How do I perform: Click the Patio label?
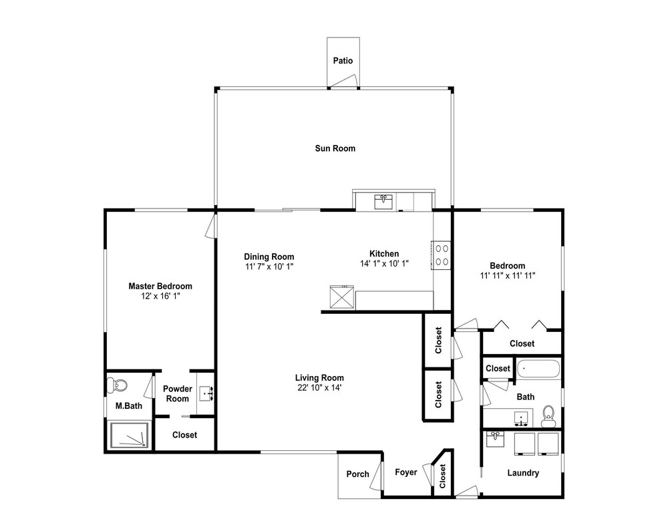[343, 61]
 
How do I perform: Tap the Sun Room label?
[335, 148]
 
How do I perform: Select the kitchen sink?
[383, 202]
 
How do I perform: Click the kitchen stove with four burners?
[442, 255]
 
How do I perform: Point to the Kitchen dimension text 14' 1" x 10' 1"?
[384, 263]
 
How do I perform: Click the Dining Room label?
[269, 256]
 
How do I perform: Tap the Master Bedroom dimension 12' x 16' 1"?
[160, 296]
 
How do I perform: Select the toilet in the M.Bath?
[117, 385]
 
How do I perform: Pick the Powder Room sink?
[206, 393]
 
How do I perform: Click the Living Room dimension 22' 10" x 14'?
[319, 387]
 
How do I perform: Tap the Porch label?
[357, 474]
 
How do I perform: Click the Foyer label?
[405, 472]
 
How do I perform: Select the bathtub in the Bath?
[538, 369]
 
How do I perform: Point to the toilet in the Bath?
[548, 415]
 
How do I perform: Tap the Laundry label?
[523, 473]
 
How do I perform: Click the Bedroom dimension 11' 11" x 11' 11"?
[508, 275]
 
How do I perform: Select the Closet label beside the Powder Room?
[184, 435]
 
